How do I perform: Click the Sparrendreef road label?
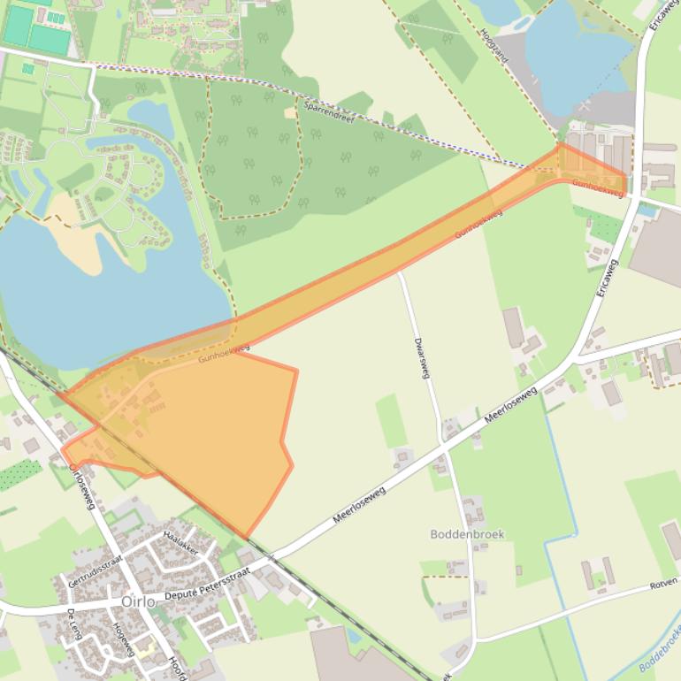point(328,111)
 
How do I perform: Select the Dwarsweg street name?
point(421,357)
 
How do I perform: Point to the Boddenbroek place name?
point(467,534)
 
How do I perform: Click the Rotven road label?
point(663,583)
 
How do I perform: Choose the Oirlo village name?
point(139,601)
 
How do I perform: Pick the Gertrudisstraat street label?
point(95,572)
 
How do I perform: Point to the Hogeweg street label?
point(123,638)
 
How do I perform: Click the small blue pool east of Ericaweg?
point(647,210)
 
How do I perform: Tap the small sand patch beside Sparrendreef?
point(290,112)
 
